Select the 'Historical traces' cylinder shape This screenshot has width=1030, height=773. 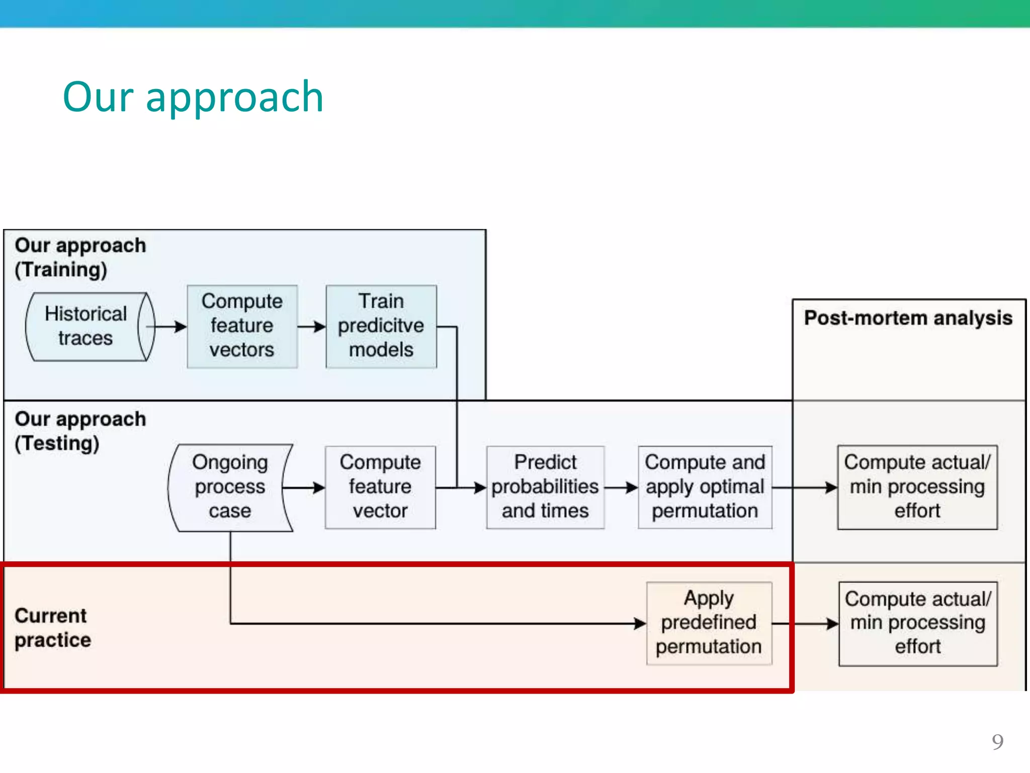pos(87,326)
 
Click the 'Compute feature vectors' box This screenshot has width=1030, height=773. pos(242,326)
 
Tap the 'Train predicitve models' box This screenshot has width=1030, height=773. pos(381,326)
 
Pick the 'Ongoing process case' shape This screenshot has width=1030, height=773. pos(230,487)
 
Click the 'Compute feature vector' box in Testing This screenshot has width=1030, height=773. pos(380,487)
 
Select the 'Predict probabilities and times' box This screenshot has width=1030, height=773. pos(545,487)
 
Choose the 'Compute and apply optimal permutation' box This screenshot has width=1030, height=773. pos(705,487)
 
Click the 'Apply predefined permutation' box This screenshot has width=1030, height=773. pos(709,623)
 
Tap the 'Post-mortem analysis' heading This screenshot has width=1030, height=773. pos(908,318)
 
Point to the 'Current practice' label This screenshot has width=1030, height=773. pos(52,628)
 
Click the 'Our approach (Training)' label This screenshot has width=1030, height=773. pos(80,257)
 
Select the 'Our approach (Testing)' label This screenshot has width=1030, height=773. pos(80,431)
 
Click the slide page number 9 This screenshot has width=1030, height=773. pos(997,742)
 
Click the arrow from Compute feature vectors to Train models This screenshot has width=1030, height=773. pos(311,327)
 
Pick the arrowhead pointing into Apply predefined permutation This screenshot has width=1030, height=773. pos(640,624)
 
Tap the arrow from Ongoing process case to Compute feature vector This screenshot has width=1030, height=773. pos(304,487)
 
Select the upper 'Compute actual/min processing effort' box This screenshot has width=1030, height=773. pos(917,487)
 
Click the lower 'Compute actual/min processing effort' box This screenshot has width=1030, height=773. pos(917,623)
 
